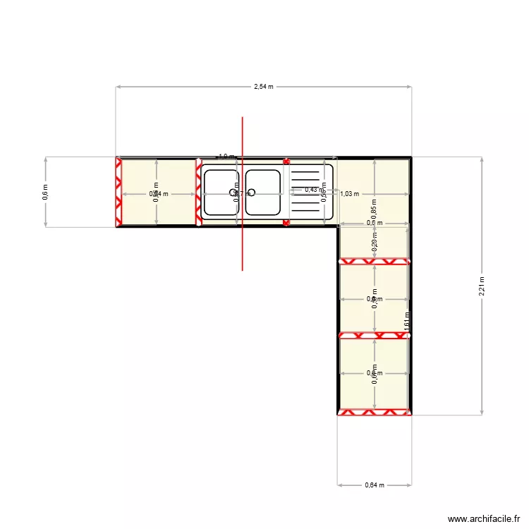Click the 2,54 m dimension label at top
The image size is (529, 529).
(264, 87)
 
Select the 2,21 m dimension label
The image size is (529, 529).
(482, 286)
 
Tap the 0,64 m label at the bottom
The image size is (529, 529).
(374, 485)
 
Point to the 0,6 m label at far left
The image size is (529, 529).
(46, 192)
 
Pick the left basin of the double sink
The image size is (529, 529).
(221, 192)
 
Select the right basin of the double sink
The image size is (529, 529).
(263, 192)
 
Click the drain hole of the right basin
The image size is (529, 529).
(251, 192)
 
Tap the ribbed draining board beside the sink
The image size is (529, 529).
(308, 192)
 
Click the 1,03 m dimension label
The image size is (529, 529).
(350, 194)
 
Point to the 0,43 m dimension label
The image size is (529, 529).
(311, 189)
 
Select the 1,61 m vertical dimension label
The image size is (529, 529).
(407, 320)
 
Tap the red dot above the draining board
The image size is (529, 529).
(286, 162)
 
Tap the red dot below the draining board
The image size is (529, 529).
(286, 223)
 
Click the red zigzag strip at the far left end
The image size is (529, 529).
(118, 192)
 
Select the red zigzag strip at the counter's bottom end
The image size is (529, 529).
(374, 412)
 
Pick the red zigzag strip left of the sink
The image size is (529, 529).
(199, 192)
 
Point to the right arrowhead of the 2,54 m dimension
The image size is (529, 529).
(410, 87)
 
